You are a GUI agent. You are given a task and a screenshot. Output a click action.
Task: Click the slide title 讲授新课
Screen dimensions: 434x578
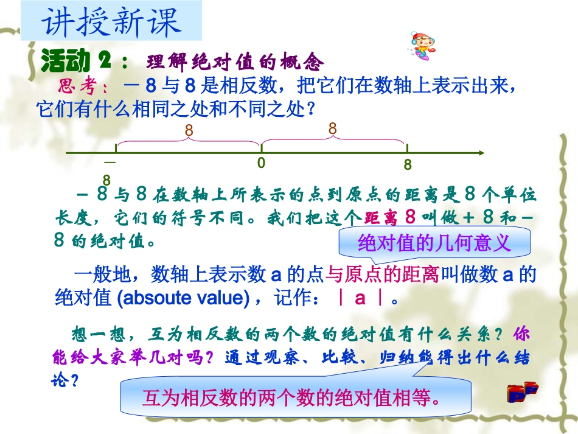(x=111, y=22)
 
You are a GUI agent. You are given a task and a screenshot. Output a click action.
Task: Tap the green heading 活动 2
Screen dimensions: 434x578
(x=77, y=61)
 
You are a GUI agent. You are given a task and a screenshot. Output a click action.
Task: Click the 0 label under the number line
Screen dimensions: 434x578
(x=261, y=163)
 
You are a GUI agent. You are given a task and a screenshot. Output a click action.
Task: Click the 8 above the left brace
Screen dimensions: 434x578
(x=189, y=130)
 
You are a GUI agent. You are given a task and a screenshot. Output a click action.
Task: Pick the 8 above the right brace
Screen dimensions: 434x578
(x=332, y=128)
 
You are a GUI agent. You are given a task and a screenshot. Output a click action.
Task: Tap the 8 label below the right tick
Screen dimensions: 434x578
(x=407, y=165)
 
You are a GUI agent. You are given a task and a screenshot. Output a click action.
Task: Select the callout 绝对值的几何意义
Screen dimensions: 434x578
(x=434, y=243)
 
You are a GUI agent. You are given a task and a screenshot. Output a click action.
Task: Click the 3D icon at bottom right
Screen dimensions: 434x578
(x=523, y=393)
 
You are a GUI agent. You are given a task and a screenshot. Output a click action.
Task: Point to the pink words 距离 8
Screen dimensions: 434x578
(x=390, y=217)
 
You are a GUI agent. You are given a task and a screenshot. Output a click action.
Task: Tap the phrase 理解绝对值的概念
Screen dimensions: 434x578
(x=234, y=61)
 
